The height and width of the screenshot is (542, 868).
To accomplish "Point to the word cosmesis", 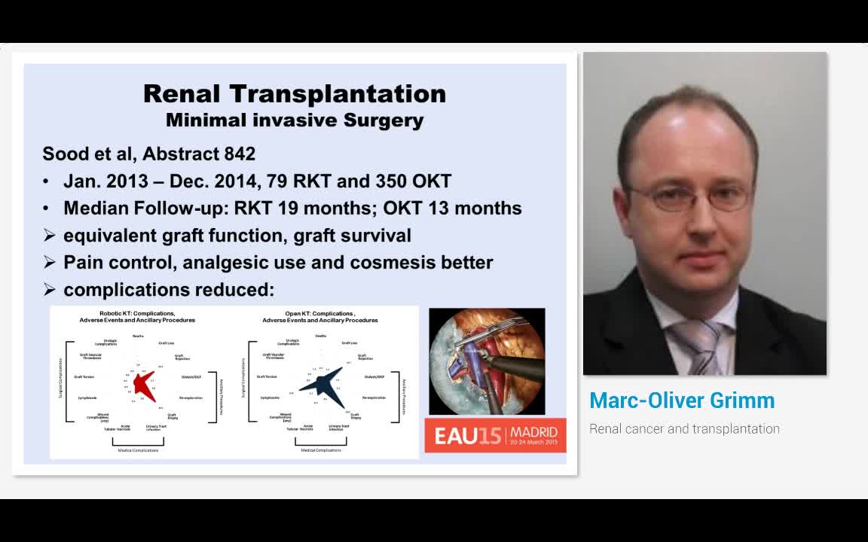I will (x=390, y=263).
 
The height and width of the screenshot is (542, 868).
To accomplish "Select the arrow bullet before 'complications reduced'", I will (x=49, y=290).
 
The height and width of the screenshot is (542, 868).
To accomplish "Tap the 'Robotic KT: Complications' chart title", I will (x=137, y=314).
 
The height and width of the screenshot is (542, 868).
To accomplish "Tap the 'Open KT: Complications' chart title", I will (x=320, y=314).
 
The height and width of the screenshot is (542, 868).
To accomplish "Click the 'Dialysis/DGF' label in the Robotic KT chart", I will (x=191, y=376).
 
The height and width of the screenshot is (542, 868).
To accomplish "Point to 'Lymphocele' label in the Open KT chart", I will (x=270, y=397).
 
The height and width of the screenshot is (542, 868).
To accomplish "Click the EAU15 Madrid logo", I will (x=495, y=435).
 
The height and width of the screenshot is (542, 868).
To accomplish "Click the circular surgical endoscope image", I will (x=487, y=361).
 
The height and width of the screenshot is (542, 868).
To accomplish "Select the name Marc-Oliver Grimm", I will (x=682, y=400).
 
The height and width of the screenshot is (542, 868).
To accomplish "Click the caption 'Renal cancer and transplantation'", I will (x=684, y=429).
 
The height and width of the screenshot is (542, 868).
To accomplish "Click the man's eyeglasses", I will (x=687, y=197).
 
